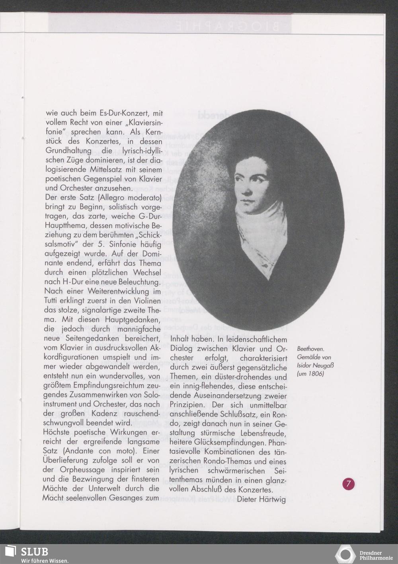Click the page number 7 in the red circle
pyautogui.click(x=349, y=484)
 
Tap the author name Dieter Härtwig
pyautogui.click(x=261, y=499)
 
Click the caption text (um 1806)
pyautogui.click(x=310, y=374)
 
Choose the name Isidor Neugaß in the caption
pyautogui.click(x=314, y=366)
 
